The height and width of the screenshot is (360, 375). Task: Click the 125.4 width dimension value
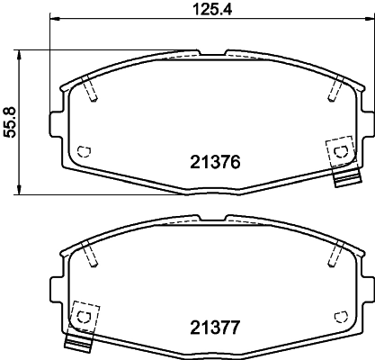pyautogui.click(x=212, y=10)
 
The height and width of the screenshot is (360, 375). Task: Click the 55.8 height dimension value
pyautogui.click(x=10, y=122)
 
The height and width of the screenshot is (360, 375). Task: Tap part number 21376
pyautogui.click(x=215, y=162)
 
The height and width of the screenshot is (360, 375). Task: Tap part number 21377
pyautogui.click(x=215, y=328)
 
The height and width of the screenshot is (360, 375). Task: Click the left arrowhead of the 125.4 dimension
pyautogui.click(x=55, y=19)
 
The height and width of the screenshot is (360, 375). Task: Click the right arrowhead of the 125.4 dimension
pyautogui.click(x=369, y=19)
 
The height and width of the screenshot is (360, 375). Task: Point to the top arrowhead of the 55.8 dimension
pyautogui.click(x=19, y=56)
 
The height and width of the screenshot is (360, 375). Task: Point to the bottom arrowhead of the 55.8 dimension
pyautogui.click(x=19, y=189)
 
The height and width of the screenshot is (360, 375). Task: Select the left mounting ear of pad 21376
pyautogui.click(x=57, y=124)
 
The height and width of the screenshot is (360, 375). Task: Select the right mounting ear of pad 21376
pyautogui.click(x=368, y=124)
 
